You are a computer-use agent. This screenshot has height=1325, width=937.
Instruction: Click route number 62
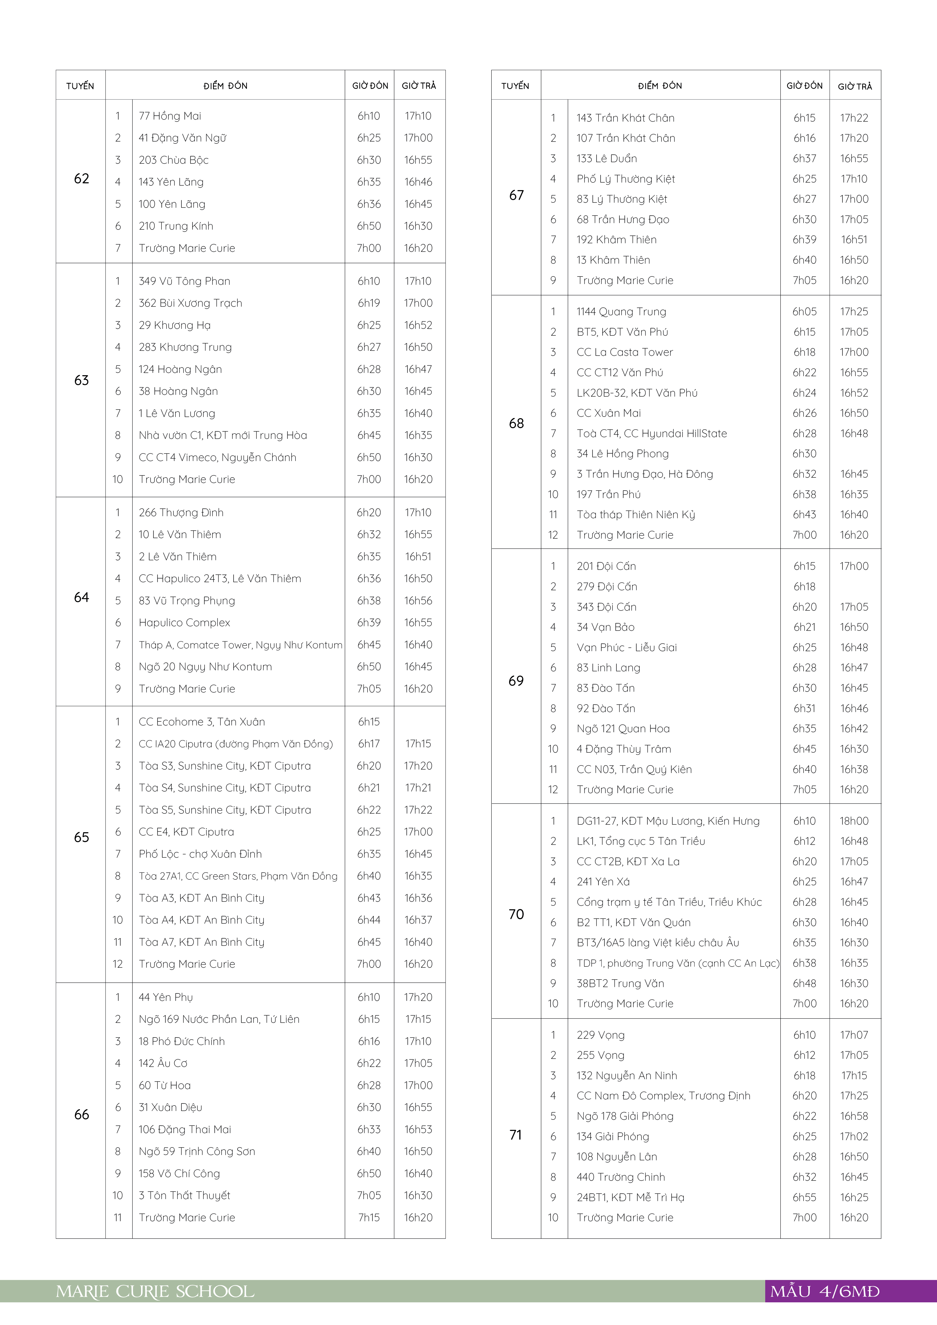point(81,179)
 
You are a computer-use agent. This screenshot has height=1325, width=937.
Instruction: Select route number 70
point(516,914)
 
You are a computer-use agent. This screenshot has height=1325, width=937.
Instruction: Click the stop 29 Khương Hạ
point(174,325)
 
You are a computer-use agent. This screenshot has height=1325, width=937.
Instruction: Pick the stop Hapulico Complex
point(184,623)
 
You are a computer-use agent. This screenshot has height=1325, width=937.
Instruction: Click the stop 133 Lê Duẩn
point(607,158)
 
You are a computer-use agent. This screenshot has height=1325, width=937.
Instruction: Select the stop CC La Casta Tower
point(624,352)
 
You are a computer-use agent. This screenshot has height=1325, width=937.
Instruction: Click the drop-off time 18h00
point(854,821)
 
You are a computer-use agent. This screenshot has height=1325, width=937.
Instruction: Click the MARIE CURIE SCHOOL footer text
point(155,1292)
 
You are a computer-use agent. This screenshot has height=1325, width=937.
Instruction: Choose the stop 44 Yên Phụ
point(166,997)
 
